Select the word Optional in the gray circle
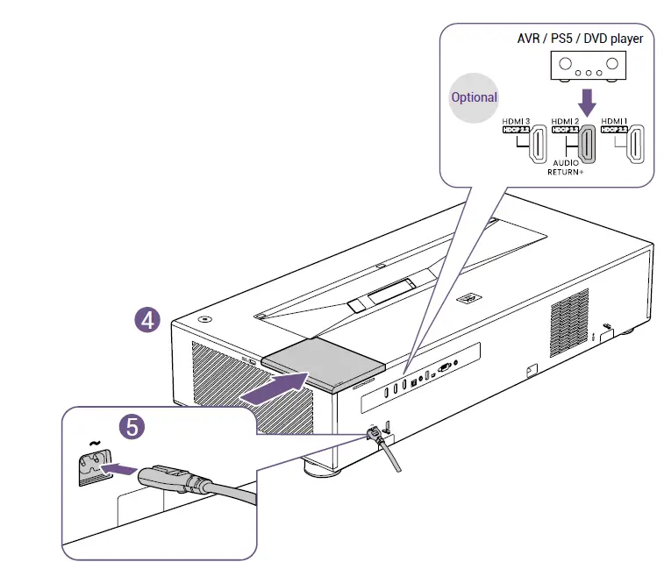point(474,97)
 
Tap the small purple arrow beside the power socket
point(120,469)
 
